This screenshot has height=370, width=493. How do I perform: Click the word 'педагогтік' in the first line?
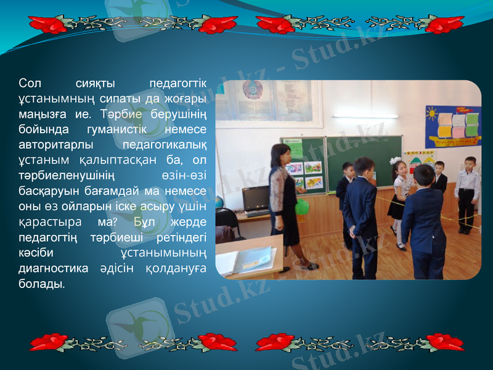click(178, 83)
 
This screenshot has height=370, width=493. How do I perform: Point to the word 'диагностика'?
click(49, 268)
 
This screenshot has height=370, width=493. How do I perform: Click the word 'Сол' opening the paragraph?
click(30, 83)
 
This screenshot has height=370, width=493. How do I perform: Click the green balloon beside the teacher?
click(302, 207)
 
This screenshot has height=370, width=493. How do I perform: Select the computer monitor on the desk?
click(255, 198)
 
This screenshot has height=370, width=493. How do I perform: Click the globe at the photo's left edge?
click(219, 202)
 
